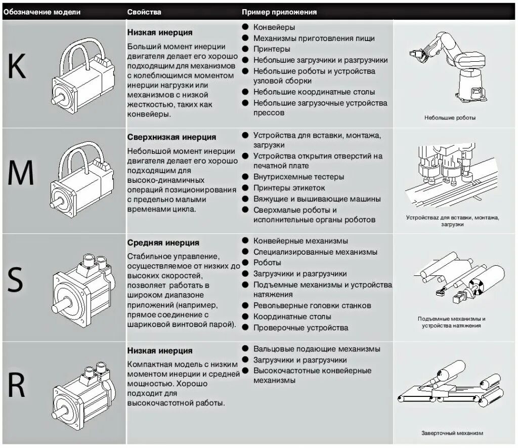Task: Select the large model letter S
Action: (x=16, y=280)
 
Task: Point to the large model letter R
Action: (x=17, y=386)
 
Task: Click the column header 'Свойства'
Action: (x=145, y=11)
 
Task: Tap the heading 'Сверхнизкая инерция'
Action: (x=171, y=137)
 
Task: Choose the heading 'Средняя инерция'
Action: (x=163, y=243)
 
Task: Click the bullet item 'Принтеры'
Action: (x=272, y=49)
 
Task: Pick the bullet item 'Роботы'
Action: (x=267, y=263)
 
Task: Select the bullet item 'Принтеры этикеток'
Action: (x=289, y=188)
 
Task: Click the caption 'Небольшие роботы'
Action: (x=450, y=117)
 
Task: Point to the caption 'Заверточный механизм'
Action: (x=452, y=433)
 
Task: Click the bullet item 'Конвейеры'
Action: (x=274, y=27)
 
